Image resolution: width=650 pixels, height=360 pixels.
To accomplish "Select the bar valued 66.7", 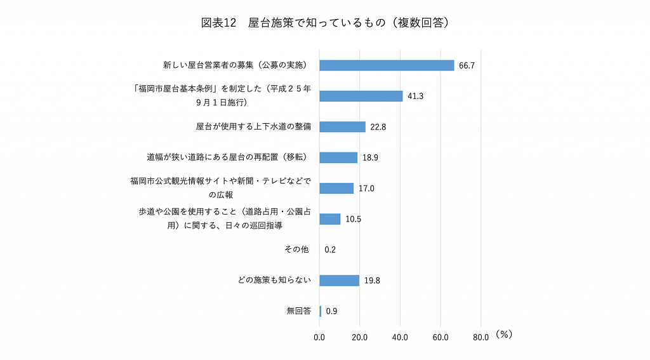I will (387, 65).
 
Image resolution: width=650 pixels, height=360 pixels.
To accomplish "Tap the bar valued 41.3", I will (361, 96).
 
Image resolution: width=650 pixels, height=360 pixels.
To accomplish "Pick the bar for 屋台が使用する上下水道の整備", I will (342, 126).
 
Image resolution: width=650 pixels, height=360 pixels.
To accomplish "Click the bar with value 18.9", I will (338, 157).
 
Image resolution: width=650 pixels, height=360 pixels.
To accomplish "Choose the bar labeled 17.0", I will (336, 188).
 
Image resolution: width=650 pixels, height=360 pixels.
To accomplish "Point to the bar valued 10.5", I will (330, 219).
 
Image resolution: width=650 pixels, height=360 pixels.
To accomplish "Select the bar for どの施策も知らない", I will (339, 281).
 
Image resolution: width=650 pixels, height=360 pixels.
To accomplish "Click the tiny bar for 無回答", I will (321, 311).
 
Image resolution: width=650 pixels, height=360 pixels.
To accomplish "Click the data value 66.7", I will (467, 65).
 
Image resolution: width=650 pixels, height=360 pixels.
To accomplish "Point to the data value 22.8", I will (378, 127).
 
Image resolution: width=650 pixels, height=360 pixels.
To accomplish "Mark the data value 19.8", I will (372, 281).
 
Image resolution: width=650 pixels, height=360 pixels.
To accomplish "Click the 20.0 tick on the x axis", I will (360, 337).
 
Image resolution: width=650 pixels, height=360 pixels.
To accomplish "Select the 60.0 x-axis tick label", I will (441, 337).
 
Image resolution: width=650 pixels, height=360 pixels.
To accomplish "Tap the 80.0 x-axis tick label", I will (481, 337).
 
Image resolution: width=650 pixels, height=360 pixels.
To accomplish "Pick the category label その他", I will (296, 250).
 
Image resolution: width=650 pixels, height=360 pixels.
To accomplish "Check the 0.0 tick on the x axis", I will (319, 337).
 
